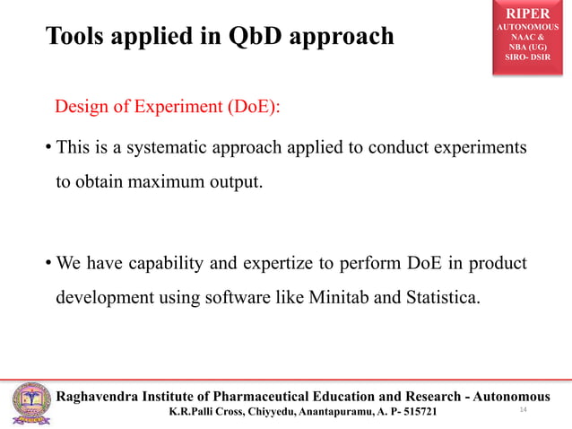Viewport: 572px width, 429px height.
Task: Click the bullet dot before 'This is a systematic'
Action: pyautogui.click(x=48, y=146)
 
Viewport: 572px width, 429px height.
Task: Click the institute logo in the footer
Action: pyautogui.click(x=30, y=404)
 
